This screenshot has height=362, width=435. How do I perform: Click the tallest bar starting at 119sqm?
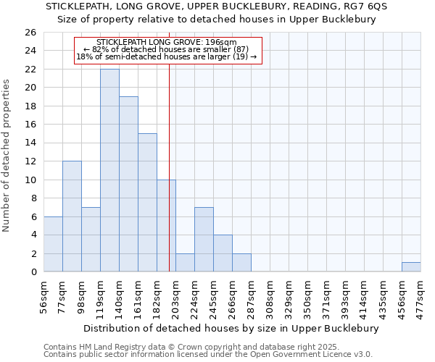pyautogui.click(x=109, y=170)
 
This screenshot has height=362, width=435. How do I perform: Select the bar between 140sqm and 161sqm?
pyautogui.click(x=128, y=184)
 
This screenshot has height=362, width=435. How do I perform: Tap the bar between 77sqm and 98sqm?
pyautogui.click(x=72, y=216)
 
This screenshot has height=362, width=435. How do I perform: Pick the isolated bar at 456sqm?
pyautogui.click(x=411, y=267)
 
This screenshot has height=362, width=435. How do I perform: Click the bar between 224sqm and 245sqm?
pyautogui.click(x=204, y=240)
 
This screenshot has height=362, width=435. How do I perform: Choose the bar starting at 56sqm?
pyautogui.click(x=53, y=244)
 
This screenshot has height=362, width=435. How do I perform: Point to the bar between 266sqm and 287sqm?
pyautogui.click(x=241, y=263)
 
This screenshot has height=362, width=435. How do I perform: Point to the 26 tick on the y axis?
pyautogui.click(x=30, y=33)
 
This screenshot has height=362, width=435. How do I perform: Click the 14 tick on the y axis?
pyautogui.click(x=30, y=143)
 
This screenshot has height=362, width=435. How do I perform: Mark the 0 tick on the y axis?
pyautogui.click(x=33, y=272)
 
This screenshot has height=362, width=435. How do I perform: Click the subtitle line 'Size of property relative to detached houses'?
pyautogui.click(x=217, y=20)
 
